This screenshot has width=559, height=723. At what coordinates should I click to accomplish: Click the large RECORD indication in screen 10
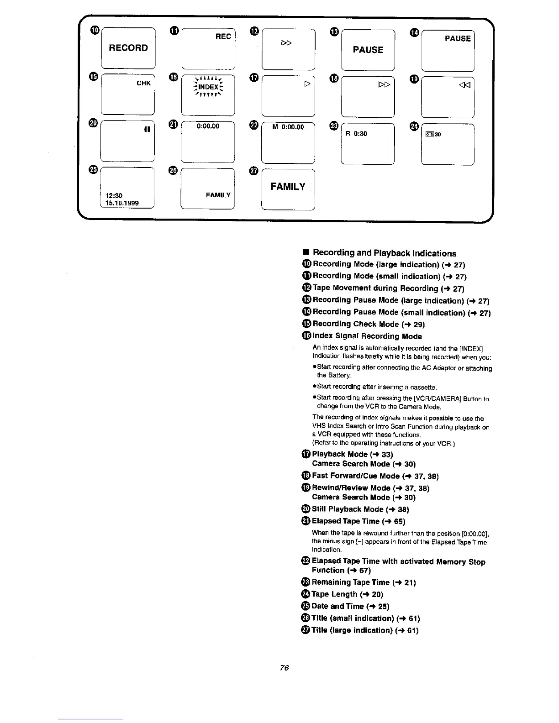pos(128,48)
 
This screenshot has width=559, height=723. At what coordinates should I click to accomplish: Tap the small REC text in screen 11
pos(223,37)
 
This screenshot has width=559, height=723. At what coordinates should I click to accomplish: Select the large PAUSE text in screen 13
pos(368,50)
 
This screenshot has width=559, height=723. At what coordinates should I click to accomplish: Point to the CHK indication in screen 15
pos(143,83)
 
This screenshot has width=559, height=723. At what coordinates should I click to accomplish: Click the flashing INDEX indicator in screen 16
pos(208,87)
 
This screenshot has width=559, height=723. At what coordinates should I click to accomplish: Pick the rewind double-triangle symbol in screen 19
pos(466,84)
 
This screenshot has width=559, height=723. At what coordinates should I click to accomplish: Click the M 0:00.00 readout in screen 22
pos(288,127)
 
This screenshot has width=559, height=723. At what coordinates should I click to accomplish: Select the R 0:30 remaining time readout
pos(356,134)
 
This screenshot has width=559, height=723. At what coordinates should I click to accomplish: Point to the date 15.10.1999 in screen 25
pos(121,203)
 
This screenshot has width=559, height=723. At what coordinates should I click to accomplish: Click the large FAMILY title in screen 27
pos(288,187)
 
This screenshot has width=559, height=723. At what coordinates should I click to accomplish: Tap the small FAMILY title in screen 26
pos(218,195)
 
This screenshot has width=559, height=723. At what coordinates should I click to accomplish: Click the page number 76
pos(285,668)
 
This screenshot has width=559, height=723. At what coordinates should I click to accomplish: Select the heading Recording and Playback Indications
pos(384,253)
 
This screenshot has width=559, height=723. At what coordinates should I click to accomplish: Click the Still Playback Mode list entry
pos(360,509)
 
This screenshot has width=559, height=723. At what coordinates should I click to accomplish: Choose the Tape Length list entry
pos(347,594)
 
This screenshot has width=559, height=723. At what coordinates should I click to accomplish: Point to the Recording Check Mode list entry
pos(369,324)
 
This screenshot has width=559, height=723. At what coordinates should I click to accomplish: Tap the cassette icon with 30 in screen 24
pos(433,134)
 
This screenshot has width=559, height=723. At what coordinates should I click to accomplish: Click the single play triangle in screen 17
pos(307,85)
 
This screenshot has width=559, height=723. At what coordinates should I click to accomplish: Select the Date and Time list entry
pos(350,607)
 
